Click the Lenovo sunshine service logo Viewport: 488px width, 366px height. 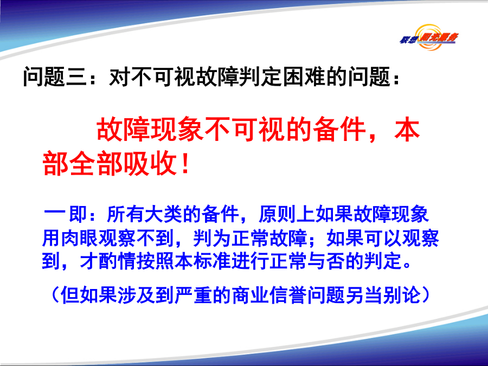click(429, 37)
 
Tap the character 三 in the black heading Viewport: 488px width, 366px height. click(76, 76)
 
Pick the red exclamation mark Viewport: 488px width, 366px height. click(185, 163)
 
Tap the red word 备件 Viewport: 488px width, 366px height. click(339, 130)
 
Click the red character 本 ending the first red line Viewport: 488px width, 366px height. click(407, 130)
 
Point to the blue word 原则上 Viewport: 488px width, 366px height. click(287, 214)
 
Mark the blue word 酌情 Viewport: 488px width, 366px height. click(118, 261)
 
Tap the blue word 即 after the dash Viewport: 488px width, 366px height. click(77, 214)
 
